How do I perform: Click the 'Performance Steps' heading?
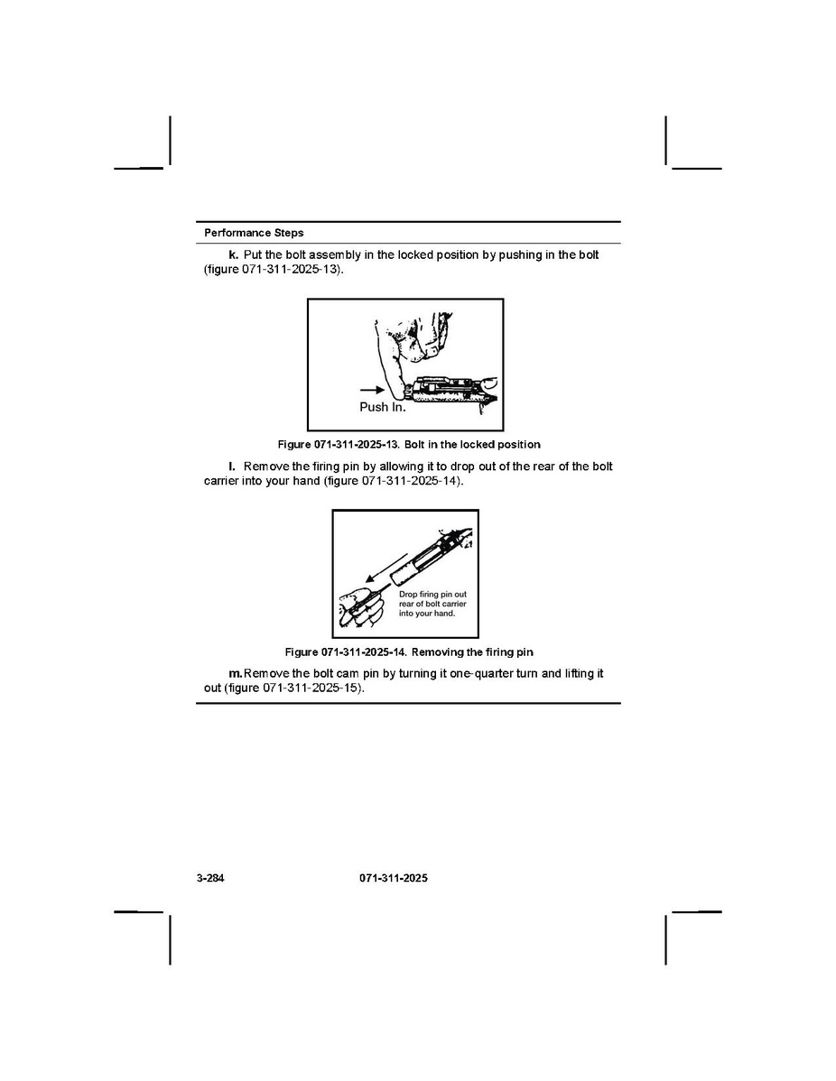point(254,233)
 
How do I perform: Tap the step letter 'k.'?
point(233,254)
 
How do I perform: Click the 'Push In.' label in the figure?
point(383,407)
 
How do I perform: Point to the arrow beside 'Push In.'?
point(373,390)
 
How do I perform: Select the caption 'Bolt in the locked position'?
point(472,445)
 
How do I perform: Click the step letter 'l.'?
point(232,466)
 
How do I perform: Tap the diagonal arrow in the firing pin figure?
point(387,568)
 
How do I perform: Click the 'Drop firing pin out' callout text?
point(432,595)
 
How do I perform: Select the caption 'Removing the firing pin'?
point(472,652)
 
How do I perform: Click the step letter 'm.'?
point(236,673)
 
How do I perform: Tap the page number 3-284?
point(210,878)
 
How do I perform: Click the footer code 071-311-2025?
point(393,878)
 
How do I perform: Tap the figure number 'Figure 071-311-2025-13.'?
point(339,445)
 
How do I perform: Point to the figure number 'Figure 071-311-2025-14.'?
point(347,652)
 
